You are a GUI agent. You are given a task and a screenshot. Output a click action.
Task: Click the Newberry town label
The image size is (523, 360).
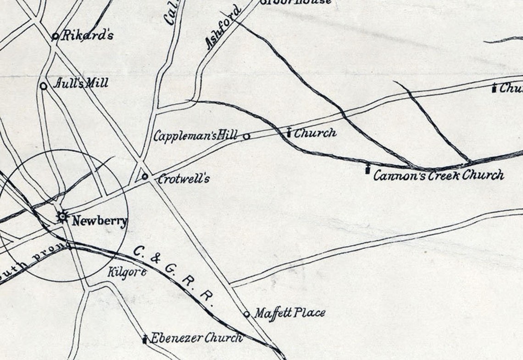[x=99, y=221]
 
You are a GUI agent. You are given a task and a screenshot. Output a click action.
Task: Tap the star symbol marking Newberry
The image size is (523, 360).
[x=62, y=217]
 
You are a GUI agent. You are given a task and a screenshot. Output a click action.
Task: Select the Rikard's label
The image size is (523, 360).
[x=87, y=35]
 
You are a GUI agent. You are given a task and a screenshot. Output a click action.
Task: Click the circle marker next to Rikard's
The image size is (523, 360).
[x=55, y=36]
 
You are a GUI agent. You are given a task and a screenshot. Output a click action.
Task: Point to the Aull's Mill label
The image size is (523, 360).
[x=81, y=83]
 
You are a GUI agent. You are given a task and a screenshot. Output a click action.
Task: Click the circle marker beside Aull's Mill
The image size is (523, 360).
[x=44, y=86]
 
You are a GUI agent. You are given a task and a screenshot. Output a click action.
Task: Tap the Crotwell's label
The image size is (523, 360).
[x=183, y=179]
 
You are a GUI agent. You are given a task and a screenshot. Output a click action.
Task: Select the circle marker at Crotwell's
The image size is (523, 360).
[x=145, y=176]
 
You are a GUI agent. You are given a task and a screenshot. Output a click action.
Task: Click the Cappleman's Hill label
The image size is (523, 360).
[x=195, y=135]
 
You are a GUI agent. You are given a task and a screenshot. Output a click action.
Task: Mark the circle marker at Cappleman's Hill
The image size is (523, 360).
[x=246, y=136]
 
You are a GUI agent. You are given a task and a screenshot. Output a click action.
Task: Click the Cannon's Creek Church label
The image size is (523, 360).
[x=438, y=175]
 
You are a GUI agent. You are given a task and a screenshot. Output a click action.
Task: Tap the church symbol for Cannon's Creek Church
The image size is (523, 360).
[x=367, y=169]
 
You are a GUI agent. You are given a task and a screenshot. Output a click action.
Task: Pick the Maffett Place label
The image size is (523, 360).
[x=289, y=313]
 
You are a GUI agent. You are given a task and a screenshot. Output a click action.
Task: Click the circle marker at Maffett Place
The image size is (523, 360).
[x=246, y=315]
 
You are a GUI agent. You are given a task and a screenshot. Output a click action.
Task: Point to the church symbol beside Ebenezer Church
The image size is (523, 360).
[x=145, y=339]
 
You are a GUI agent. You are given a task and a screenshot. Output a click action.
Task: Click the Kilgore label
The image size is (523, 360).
[x=127, y=272]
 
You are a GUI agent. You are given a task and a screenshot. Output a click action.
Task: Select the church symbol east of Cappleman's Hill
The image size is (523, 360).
[x=289, y=132]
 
